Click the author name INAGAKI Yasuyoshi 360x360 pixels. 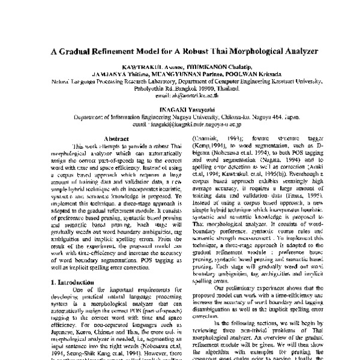[x=179, y=109]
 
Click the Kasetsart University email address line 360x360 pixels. [x=179, y=95]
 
